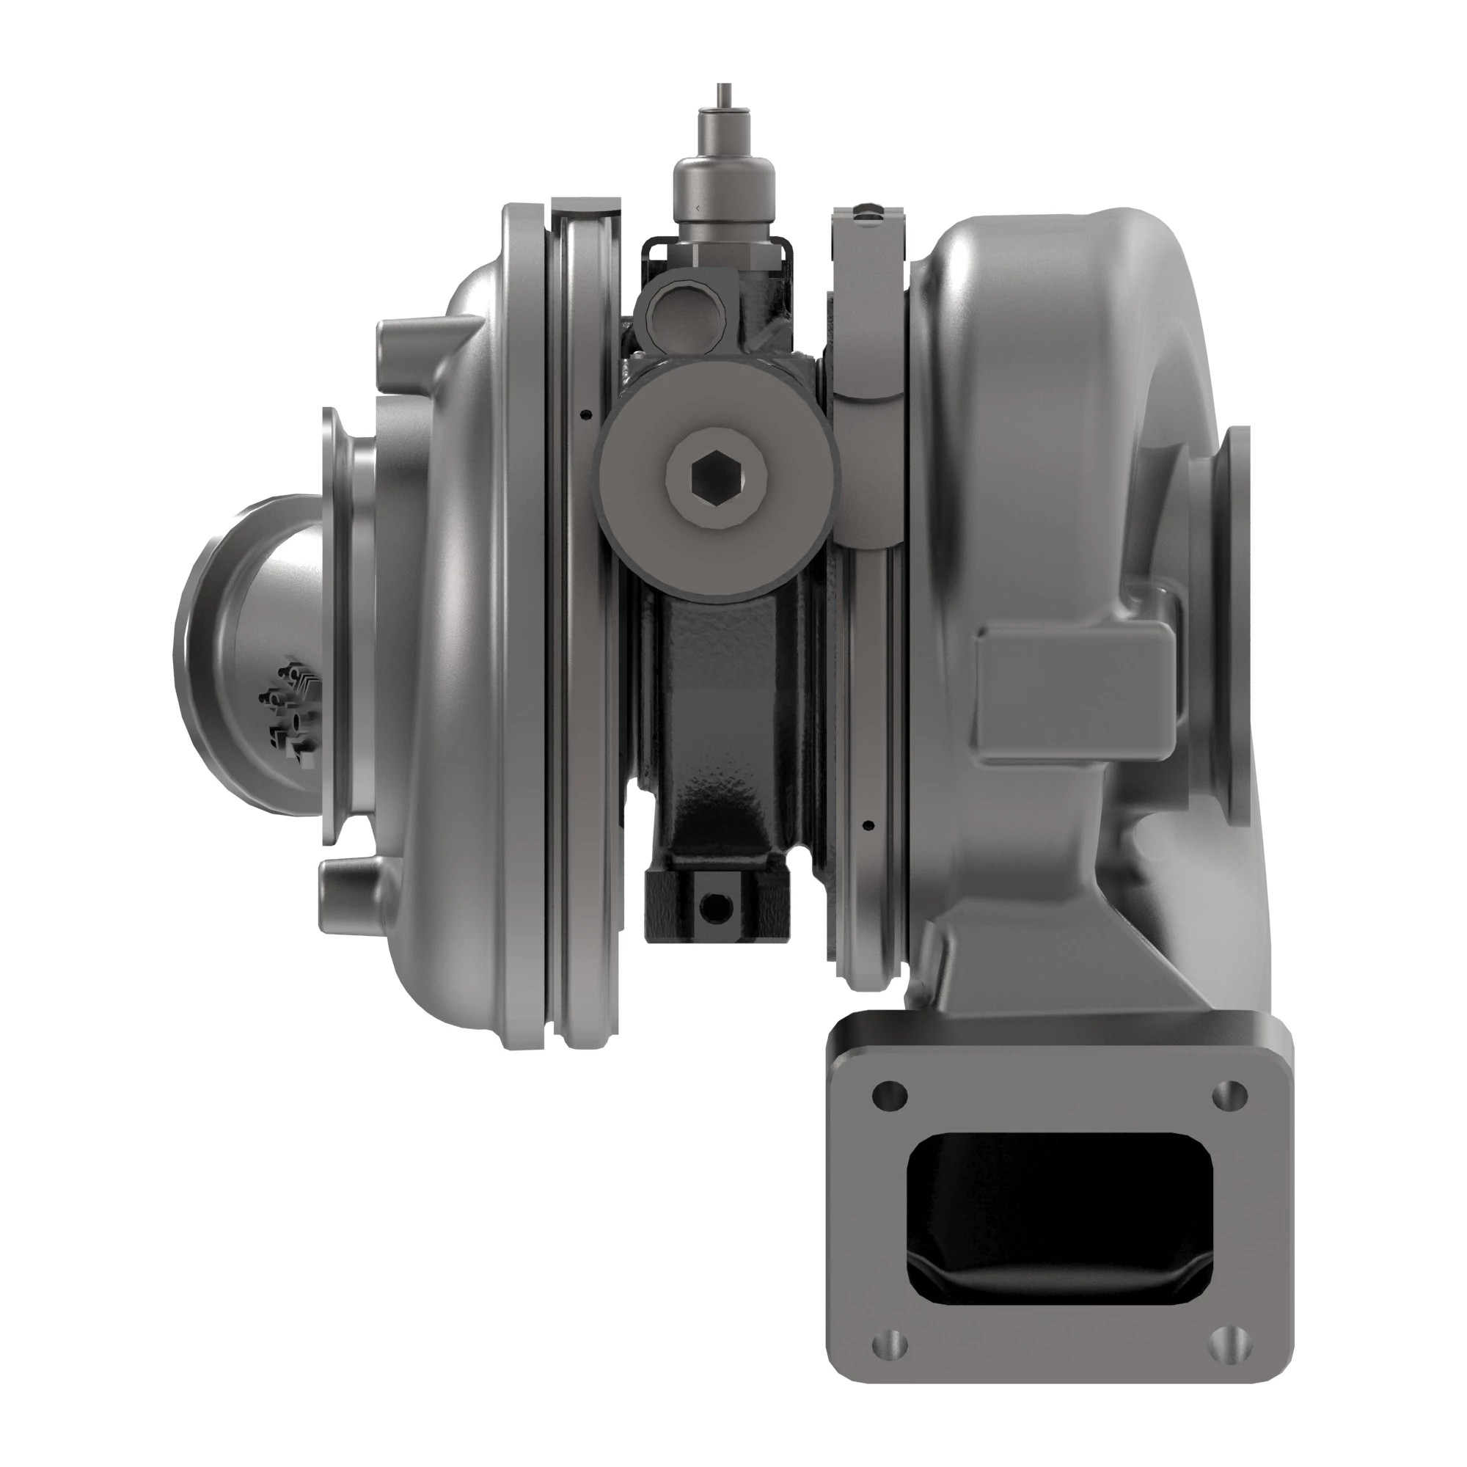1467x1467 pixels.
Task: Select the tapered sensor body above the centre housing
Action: [725, 186]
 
